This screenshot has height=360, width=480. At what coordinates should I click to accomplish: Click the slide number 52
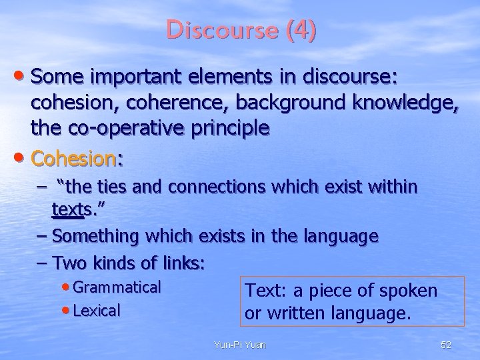[x=447, y=345]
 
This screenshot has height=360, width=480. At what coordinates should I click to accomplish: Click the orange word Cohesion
[x=73, y=159]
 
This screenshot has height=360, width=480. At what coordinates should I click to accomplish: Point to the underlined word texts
[x=70, y=211]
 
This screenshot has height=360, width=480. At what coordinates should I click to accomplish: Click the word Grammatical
[x=117, y=287]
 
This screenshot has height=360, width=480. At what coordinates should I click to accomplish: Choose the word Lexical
[x=97, y=310]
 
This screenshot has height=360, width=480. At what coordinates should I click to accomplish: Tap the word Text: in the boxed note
[x=266, y=291]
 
